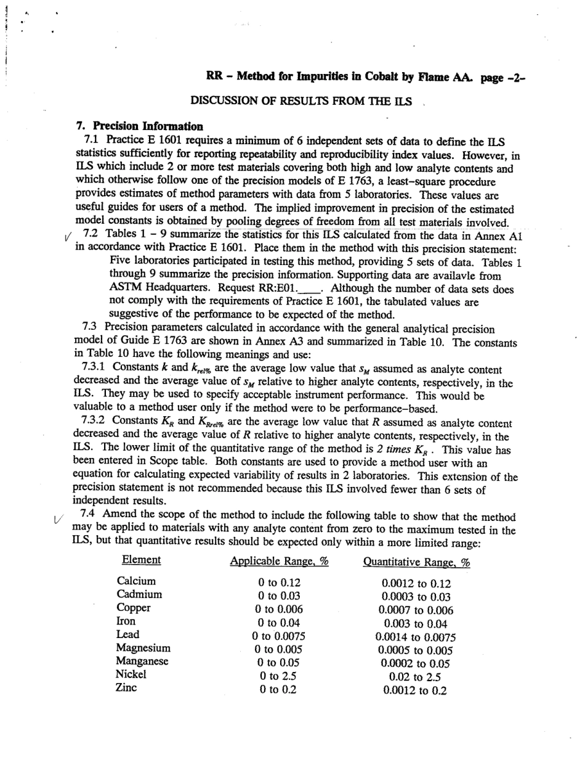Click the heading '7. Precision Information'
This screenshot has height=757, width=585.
pos(140,126)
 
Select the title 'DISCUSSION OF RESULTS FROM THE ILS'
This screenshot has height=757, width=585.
pos(301,100)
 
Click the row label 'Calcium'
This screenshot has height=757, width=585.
pos(136,581)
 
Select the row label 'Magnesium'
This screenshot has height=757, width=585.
pos(143,648)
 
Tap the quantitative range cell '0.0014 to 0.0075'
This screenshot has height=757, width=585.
pos(416,637)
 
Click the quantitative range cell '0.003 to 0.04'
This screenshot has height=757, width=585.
pos(416,624)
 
